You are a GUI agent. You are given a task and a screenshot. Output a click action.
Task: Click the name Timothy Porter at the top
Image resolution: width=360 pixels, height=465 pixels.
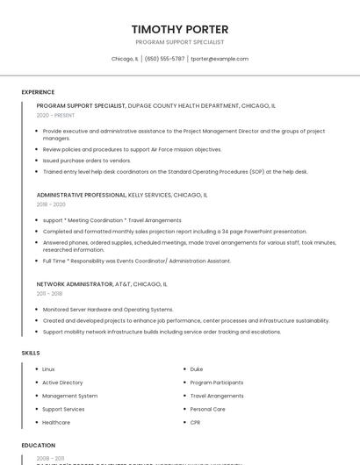pyautogui.click(x=180, y=29)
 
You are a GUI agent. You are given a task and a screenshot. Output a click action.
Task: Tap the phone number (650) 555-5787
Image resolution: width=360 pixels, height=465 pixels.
pyautogui.click(x=164, y=59)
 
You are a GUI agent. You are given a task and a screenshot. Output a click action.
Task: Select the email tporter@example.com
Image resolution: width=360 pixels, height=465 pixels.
pyautogui.click(x=220, y=59)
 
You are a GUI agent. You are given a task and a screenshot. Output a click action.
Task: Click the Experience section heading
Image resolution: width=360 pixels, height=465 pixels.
pyautogui.click(x=38, y=92)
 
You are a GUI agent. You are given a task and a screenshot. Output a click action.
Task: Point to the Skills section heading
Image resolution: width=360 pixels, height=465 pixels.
pyautogui.click(x=31, y=353)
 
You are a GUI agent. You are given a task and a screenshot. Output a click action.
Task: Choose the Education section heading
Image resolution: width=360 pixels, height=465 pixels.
pyautogui.click(x=39, y=446)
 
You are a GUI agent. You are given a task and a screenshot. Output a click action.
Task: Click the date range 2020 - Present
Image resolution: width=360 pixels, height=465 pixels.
pyautogui.click(x=56, y=116)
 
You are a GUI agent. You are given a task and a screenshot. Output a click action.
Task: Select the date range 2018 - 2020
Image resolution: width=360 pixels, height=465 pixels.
pyautogui.click(x=51, y=204)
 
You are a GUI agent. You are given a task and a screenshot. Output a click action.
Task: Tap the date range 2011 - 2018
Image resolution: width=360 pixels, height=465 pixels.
pyautogui.click(x=50, y=294)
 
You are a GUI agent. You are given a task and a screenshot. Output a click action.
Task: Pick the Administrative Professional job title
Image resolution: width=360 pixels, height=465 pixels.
pyautogui.click(x=82, y=195)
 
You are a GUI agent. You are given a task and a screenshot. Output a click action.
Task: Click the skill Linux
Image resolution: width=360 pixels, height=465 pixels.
pyautogui.click(x=48, y=369)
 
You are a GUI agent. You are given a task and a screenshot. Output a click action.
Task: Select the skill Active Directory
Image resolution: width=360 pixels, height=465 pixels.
pyautogui.click(x=62, y=383)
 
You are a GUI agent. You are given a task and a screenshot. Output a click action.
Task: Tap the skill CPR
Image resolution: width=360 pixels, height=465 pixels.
pyautogui.click(x=196, y=423)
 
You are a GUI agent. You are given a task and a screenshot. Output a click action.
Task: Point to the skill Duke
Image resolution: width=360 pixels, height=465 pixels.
pyautogui.click(x=197, y=369)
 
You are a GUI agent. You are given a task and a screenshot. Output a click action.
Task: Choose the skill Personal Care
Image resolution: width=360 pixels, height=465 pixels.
pyautogui.click(x=208, y=409)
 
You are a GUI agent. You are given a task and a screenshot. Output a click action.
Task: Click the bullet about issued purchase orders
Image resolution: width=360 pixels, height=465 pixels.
pyautogui.click(x=87, y=161)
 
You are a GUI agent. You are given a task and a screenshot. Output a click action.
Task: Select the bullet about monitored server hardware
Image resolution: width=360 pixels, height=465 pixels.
pyautogui.click(x=108, y=309)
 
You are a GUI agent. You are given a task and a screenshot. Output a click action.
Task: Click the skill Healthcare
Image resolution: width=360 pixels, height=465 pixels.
pyautogui.click(x=56, y=423)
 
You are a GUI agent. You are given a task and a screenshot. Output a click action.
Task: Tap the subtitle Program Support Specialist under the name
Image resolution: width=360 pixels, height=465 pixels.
pyautogui.click(x=180, y=42)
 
